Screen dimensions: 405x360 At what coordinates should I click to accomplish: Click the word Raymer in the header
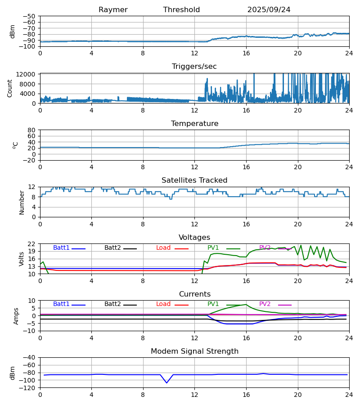pyautogui.click(x=113, y=10)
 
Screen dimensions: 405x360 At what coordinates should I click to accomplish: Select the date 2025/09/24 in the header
pyautogui.click(x=269, y=10)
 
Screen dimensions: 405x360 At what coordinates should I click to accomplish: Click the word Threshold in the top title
pyautogui.click(x=181, y=10)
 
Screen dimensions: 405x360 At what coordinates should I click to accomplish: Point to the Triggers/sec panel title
pyautogui.click(x=194, y=67)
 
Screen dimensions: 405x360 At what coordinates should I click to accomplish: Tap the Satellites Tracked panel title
pyautogui.click(x=194, y=180)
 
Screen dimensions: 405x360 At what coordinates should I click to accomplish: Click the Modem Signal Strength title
pyautogui.click(x=194, y=351)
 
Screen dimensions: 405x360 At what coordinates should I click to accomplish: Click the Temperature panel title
pyautogui.click(x=194, y=124)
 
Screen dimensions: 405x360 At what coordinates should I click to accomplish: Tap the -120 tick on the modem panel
pyautogui.click(x=29, y=388)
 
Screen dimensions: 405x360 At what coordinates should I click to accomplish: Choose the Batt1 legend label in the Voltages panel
pyautogui.click(x=61, y=248)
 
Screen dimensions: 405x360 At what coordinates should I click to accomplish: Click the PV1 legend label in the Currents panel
pyautogui.click(x=213, y=304)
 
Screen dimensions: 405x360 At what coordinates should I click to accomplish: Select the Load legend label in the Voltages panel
pyautogui.click(x=163, y=248)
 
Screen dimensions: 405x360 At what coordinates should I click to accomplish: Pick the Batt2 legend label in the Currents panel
pyautogui.click(x=112, y=304)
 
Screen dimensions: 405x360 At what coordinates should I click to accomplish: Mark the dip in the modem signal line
pyautogui.click(x=166, y=382)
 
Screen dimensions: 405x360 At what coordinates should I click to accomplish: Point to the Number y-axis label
pyautogui.click(x=22, y=202)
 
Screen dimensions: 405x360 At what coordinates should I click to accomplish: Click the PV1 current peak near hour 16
pyautogui.click(x=246, y=305)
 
